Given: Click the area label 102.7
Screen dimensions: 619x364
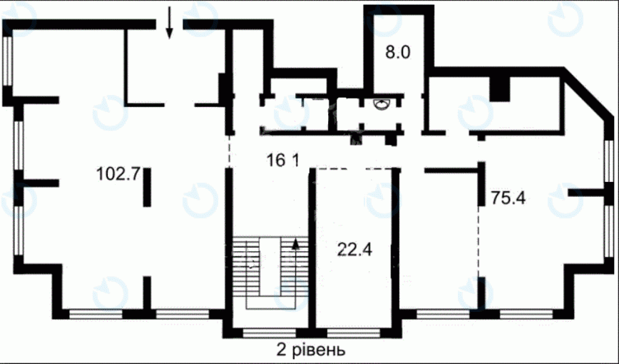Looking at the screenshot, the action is pyautogui.click(x=118, y=173).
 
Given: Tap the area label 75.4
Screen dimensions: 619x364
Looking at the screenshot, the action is pyautogui.click(x=508, y=198).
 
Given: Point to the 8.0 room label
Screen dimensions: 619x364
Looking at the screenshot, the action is pyautogui.click(x=398, y=52).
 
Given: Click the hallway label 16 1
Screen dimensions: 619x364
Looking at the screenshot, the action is pyautogui.click(x=283, y=160).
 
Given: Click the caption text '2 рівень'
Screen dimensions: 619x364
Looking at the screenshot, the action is pyautogui.click(x=311, y=350).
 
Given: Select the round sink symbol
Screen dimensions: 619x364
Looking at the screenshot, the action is pyautogui.click(x=382, y=105).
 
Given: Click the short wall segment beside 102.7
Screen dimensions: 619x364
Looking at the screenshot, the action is pyautogui.click(x=147, y=187).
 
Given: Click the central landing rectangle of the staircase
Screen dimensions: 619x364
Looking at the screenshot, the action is pyautogui.click(x=270, y=266).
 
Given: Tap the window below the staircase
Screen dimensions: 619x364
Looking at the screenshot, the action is pyautogui.click(x=269, y=333).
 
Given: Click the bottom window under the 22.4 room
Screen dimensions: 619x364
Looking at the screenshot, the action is pyautogui.click(x=353, y=333).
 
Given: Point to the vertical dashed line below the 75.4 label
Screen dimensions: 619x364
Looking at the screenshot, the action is pyautogui.click(x=480, y=241).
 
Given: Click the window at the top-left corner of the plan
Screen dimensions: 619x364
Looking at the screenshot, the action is pyautogui.click(x=8, y=61).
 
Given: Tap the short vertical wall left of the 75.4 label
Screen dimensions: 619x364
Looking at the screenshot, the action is pyautogui.click(x=481, y=183).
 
